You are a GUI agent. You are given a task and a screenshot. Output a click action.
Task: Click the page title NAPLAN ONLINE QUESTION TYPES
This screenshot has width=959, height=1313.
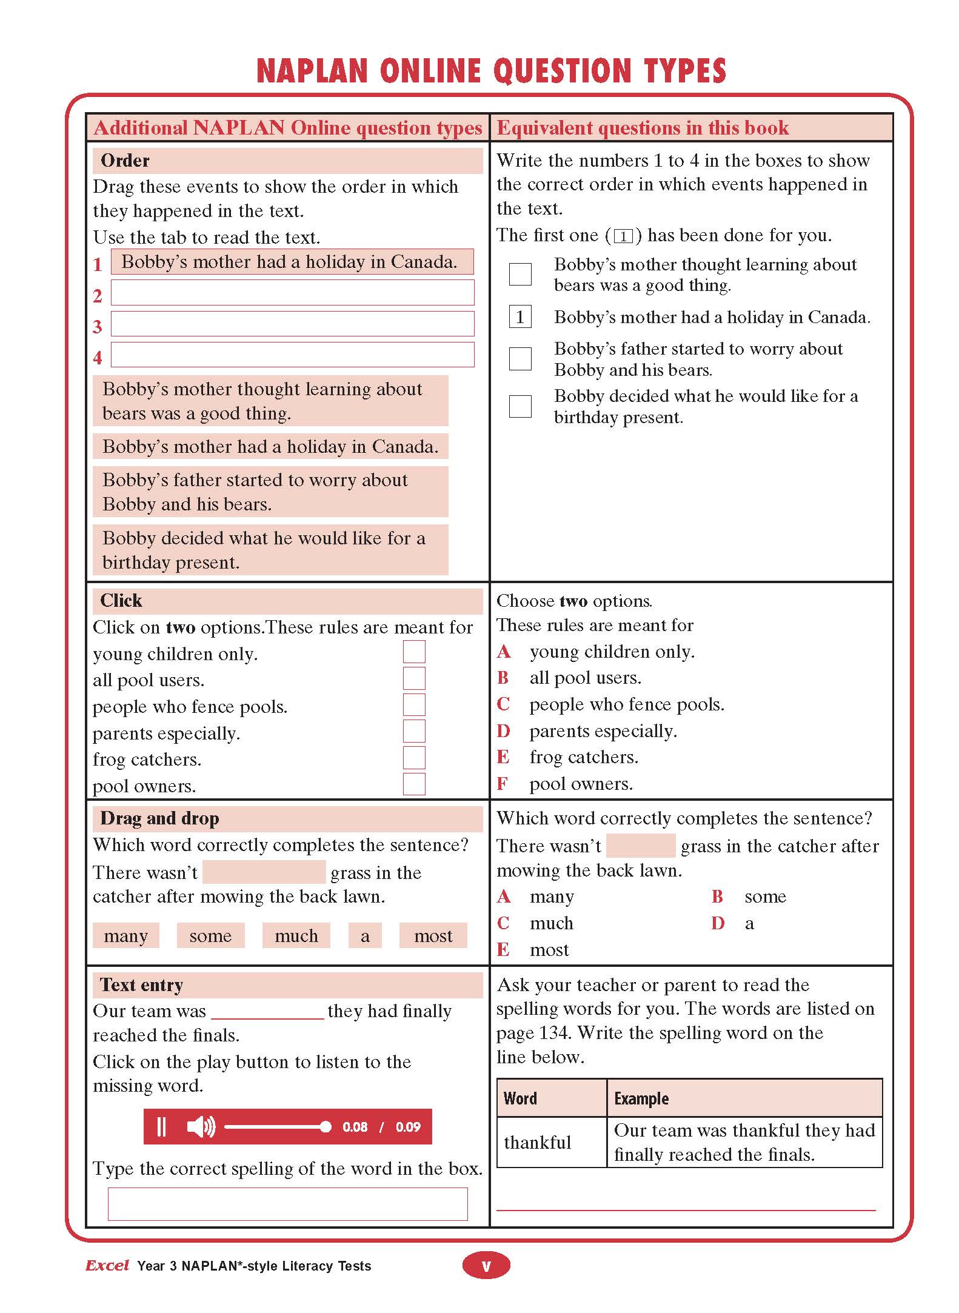(x=491, y=71)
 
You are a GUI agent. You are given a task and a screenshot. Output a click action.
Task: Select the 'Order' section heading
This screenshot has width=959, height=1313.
(x=125, y=161)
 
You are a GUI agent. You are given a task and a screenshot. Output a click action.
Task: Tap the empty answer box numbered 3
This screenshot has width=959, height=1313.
(x=292, y=324)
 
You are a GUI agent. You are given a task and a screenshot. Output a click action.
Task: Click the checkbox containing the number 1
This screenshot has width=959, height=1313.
(x=520, y=316)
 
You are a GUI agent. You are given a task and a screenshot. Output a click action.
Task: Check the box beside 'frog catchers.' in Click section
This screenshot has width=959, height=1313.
(x=414, y=758)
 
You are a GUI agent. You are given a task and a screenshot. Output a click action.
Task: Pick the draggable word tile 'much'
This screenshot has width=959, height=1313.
(x=296, y=935)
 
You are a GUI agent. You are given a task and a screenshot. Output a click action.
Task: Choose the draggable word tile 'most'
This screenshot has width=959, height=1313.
(x=433, y=935)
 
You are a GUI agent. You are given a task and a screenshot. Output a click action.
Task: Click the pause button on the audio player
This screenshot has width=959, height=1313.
(x=161, y=1127)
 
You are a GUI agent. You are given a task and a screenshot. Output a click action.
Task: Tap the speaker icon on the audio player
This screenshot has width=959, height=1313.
(x=201, y=1127)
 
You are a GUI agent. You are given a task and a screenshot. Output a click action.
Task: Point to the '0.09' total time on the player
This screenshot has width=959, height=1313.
(x=408, y=1127)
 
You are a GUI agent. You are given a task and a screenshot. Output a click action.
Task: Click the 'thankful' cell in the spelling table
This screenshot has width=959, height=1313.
(x=538, y=1142)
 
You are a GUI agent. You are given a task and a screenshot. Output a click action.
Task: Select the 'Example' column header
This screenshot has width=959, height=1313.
(x=641, y=1098)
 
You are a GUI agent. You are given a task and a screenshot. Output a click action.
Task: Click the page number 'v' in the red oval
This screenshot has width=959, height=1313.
(x=486, y=1266)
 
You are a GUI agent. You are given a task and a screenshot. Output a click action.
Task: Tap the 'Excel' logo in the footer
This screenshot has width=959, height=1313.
(x=107, y=1265)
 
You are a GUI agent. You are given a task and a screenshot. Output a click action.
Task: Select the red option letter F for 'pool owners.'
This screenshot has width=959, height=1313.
(x=502, y=784)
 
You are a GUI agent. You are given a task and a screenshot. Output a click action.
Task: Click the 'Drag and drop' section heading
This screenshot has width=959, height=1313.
(x=159, y=818)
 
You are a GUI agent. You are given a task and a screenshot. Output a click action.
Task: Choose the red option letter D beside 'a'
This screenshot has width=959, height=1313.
(x=718, y=923)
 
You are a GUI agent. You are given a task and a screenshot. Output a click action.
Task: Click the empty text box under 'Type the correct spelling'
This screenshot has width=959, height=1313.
(x=287, y=1204)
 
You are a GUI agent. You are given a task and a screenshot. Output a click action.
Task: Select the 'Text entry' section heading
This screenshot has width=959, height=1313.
(x=141, y=985)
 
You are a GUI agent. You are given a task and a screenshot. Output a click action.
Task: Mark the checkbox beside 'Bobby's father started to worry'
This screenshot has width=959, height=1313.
(x=520, y=359)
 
